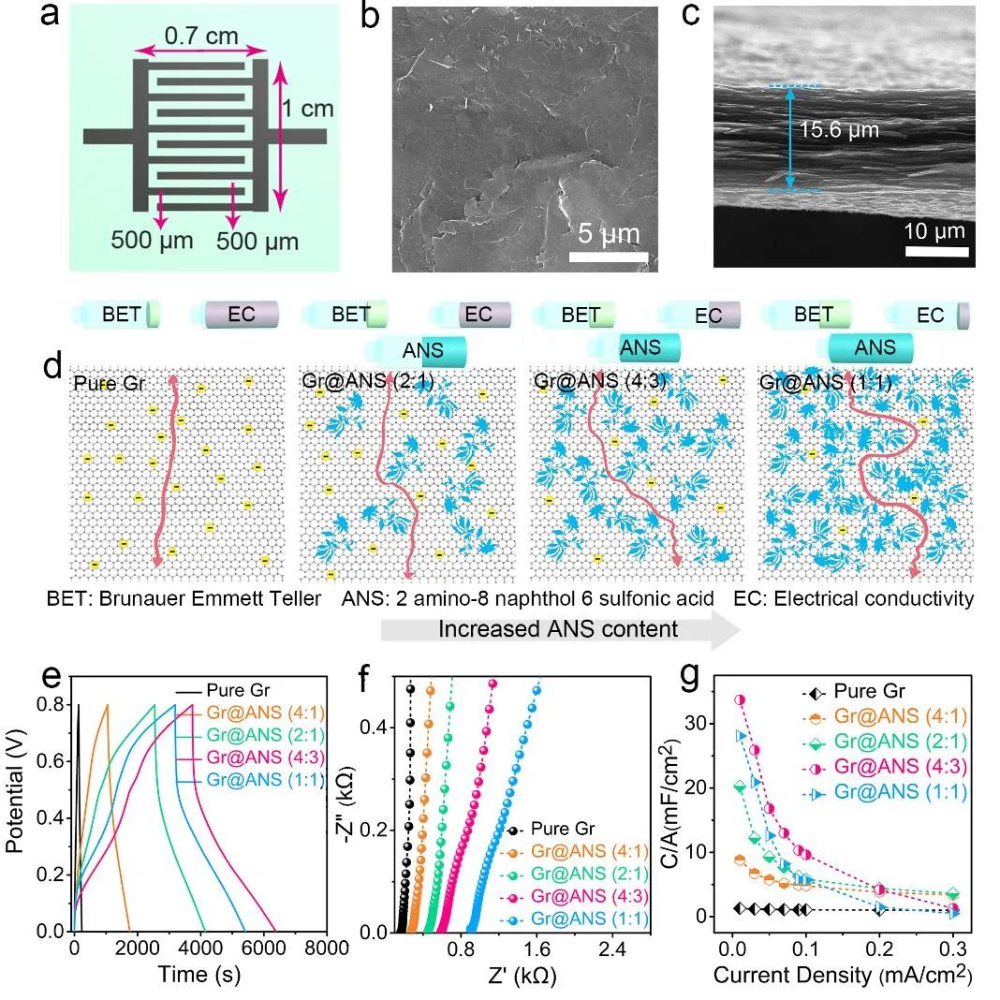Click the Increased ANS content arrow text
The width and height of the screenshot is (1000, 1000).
557,628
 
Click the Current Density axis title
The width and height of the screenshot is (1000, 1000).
840,974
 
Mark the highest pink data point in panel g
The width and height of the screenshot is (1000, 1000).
740,699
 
